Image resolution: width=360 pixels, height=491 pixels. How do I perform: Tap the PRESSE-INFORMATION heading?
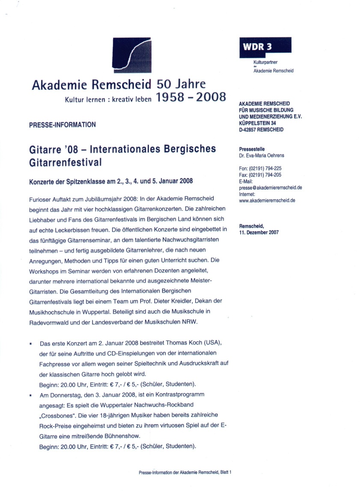[62, 125]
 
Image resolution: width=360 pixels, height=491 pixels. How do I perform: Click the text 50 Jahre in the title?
[181, 83]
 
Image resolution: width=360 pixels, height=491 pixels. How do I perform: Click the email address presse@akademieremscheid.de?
[271, 188]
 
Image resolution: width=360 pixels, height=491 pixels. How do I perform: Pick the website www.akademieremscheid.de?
[267, 200]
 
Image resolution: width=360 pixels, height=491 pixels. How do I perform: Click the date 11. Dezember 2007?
[259, 232]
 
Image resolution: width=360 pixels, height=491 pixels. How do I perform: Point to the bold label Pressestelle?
[252, 149]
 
